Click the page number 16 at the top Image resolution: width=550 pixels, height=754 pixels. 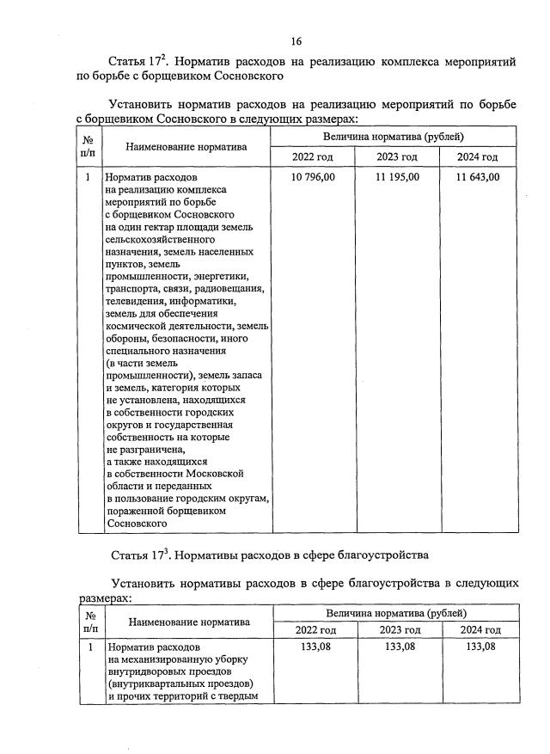point(296,41)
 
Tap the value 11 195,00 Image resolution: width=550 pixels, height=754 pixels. point(397,177)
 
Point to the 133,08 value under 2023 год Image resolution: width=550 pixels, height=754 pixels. point(398,647)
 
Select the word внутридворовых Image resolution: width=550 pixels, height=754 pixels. point(143,671)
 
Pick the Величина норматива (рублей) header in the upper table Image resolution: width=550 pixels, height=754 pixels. point(394,137)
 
